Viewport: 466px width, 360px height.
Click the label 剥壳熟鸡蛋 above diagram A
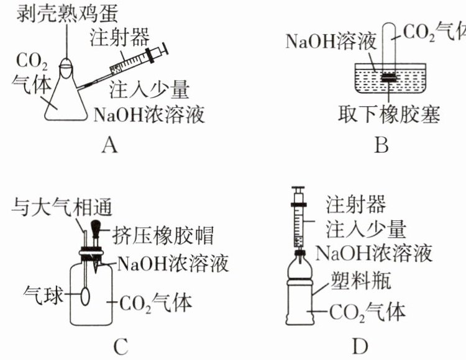click(68, 13)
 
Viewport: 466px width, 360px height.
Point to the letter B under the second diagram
click(381, 145)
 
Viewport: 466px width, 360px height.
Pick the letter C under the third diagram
click(121, 346)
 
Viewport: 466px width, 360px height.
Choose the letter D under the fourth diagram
click(360, 346)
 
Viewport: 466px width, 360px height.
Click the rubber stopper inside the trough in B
click(389, 77)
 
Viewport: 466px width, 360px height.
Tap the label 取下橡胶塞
click(389, 114)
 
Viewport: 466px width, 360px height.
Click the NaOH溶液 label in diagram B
click(331, 41)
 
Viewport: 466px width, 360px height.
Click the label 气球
click(43, 295)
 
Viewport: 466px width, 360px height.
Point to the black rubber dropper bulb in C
click(96, 227)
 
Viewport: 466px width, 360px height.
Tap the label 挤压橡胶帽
click(163, 236)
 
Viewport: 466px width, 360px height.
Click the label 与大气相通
click(62, 207)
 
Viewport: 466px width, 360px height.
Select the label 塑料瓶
click(360, 280)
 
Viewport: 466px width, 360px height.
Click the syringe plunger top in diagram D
click(298, 189)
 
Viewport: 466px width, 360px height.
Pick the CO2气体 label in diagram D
click(368, 312)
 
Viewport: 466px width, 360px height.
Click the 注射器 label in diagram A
click(119, 37)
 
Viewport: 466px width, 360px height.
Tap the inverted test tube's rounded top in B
click(389, 27)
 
